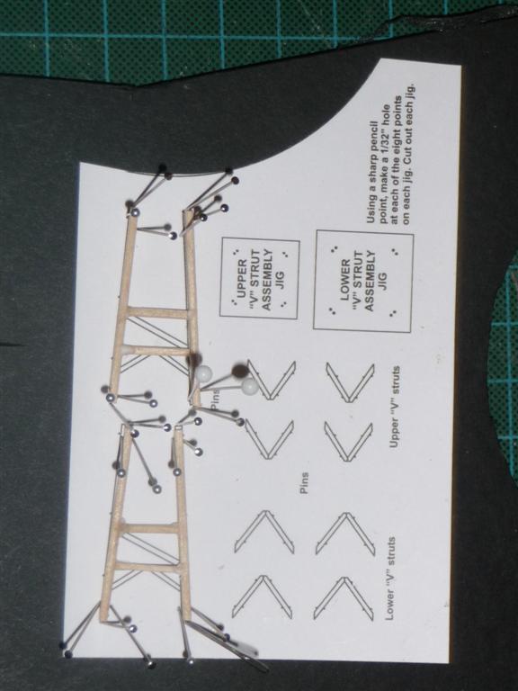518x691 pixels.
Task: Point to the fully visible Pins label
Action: click(304, 483)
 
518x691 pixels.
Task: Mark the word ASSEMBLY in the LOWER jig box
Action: click(370, 281)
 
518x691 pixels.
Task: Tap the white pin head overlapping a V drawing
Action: click(249, 387)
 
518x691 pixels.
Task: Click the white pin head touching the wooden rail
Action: click(204, 373)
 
